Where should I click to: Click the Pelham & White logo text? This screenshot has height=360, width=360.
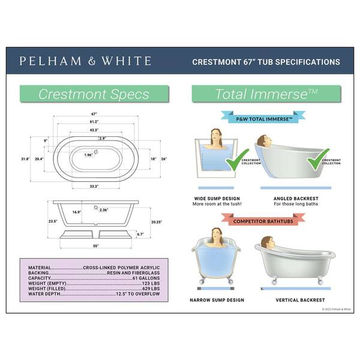click(x=85, y=61)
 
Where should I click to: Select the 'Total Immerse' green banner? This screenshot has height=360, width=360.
click(x=266, y=94)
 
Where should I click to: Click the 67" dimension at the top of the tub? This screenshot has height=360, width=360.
click(x=94, y=113)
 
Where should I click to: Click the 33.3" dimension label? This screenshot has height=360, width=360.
click(x=94, y=186)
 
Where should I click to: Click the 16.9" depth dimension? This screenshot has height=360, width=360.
click(x=77, y=212)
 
